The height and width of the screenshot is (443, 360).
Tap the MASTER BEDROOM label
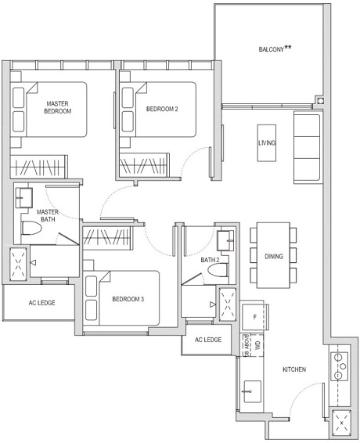[x=58, y=108]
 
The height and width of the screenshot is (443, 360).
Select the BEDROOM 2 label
[x=162, y=109]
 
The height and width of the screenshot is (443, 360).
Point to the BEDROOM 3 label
[x=128, y=299]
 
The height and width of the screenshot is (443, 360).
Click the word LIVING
[x=267, y=143]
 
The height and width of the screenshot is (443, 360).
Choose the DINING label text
[x=273, y=256]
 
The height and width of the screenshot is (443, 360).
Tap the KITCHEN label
[x=293, y=369]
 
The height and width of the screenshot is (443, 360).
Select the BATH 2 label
[x=209, y=260]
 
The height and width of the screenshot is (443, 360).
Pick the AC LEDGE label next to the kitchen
[x=207, y=340]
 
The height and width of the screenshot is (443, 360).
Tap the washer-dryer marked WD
[x=255, y=346]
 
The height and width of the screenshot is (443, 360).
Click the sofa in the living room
[x=307, y=146]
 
